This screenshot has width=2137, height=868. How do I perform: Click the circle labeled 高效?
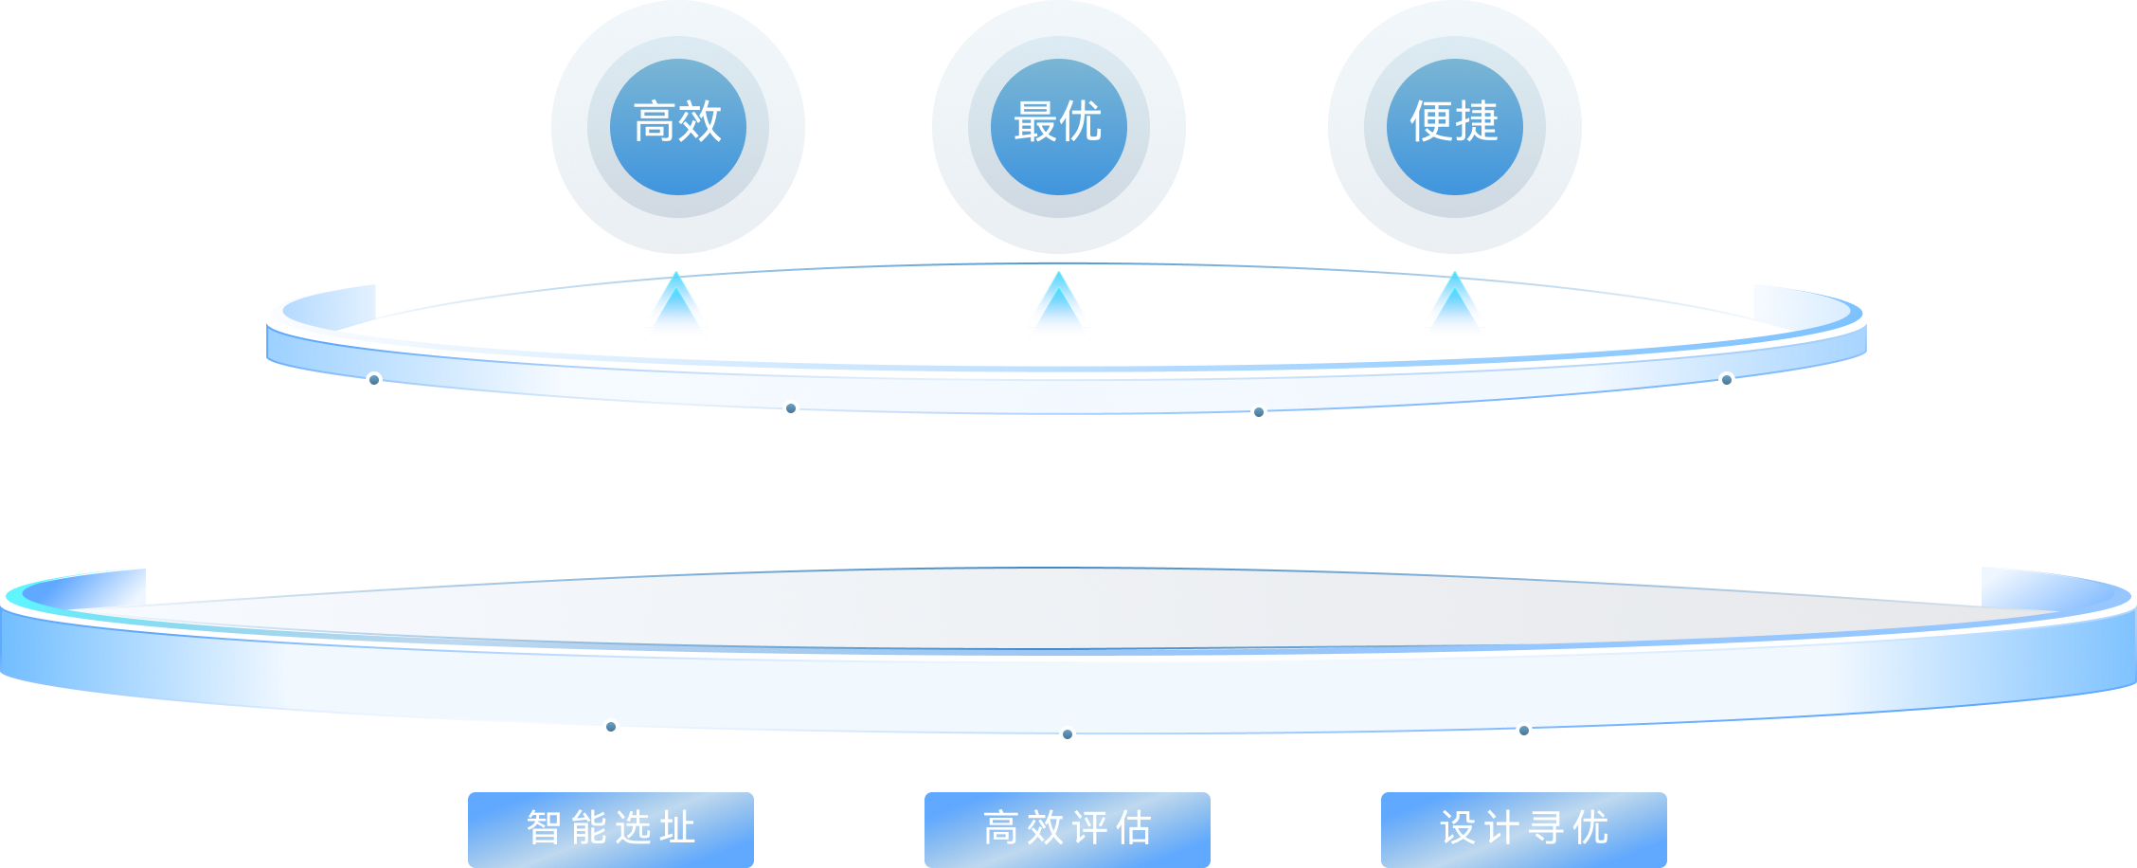(678, 126)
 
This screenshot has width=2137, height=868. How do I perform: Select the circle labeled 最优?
(1058, 126)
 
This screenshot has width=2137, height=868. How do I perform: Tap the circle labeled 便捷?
(1454, 126)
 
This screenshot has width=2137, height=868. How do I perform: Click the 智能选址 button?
(611, 828)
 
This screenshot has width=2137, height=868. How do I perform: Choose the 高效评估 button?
(1068, 828)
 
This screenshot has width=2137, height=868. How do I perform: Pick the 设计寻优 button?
(1524, 828)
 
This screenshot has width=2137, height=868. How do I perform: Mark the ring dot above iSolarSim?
(374, 380)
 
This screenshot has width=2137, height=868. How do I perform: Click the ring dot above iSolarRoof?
(1727, 380)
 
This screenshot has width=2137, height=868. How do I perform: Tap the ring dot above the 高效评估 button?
(1068, 734)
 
